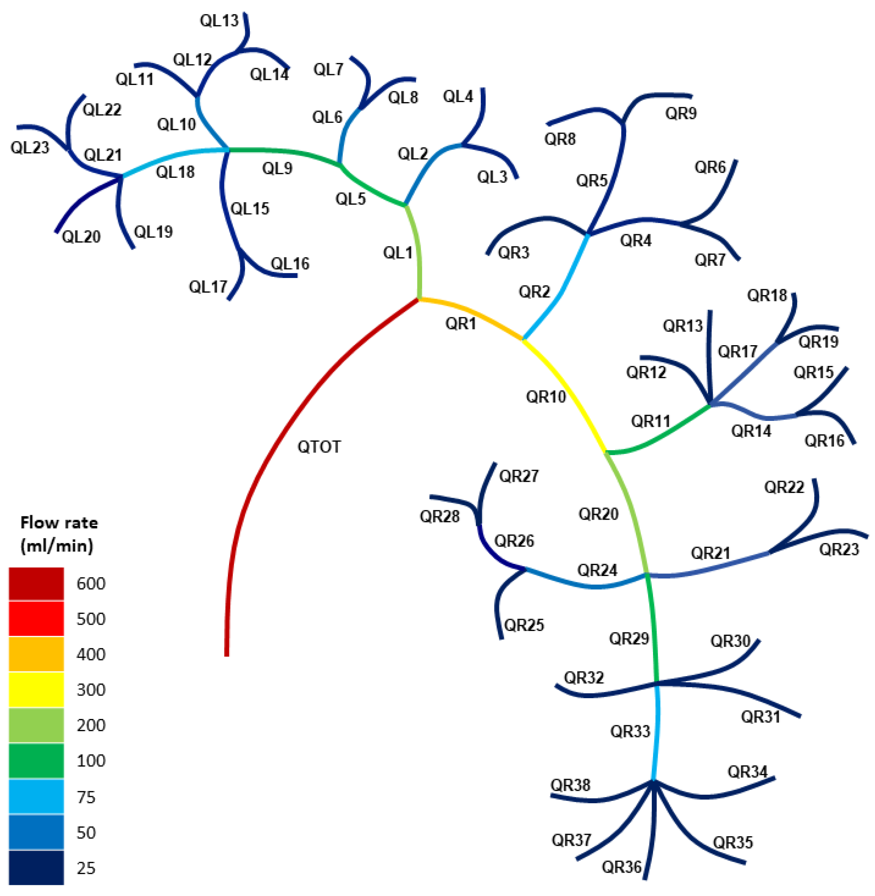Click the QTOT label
pos(319,447)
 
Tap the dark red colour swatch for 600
pos(36,583)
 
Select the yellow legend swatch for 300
pos(36,690)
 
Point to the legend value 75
pos(86,797)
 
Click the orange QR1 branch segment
pos(473,314)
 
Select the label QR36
pos(621,867)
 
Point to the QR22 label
pos(784,487)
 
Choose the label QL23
pos(30,147)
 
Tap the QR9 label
pos(680,113)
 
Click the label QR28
pos(439,516)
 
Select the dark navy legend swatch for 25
pos(36,867)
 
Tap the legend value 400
pos(91,654)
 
